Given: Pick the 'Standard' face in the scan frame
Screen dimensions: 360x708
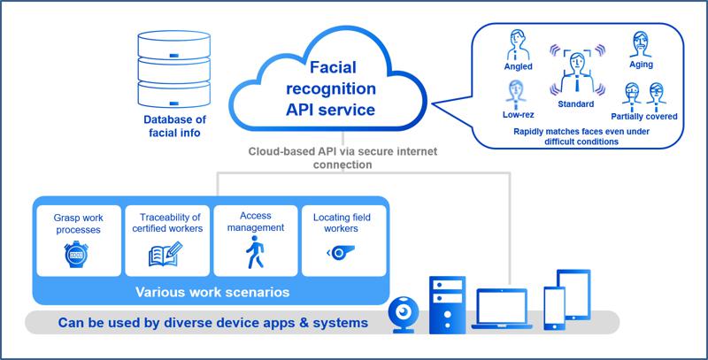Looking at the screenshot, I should coord(577,72).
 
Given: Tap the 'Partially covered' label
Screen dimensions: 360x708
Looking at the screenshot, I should coord(643,116).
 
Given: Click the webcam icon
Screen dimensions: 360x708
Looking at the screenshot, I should coord(404,314).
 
